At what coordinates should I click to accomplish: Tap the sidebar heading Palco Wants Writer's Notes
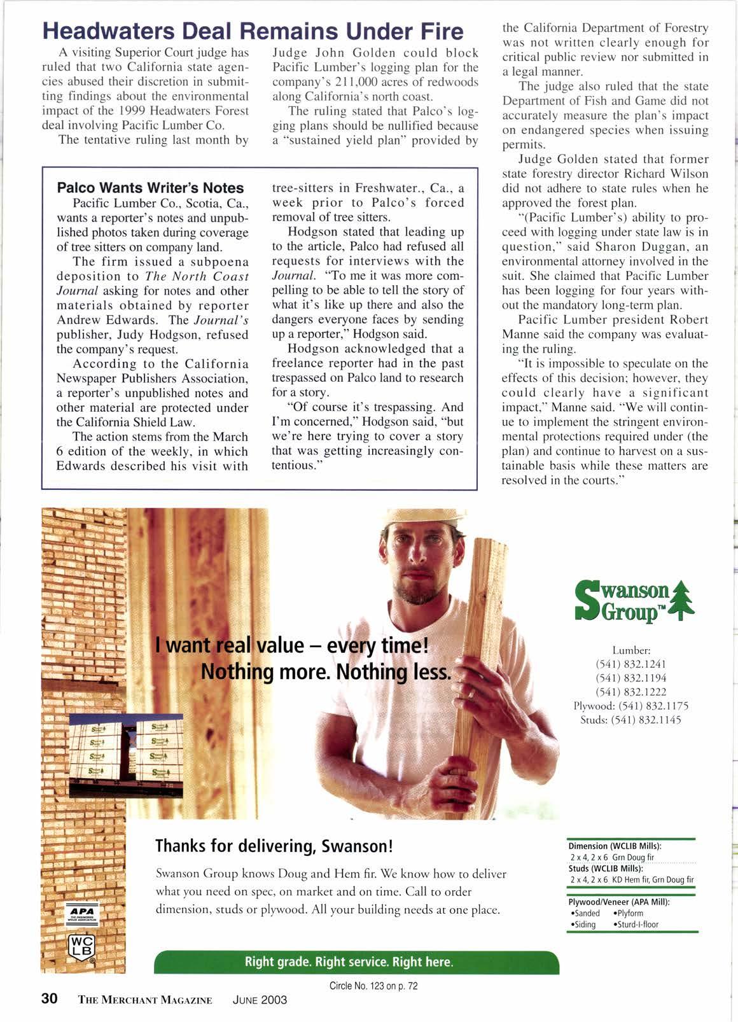150,188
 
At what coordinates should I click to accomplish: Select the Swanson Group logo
634,598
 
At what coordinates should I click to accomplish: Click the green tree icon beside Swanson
681,598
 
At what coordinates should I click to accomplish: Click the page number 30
50,998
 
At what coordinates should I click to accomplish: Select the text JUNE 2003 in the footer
260,999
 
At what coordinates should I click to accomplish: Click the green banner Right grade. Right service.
349,962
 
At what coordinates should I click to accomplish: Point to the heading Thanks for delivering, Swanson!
275,846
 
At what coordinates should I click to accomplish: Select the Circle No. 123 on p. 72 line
373,986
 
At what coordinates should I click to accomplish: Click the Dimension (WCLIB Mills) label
615,846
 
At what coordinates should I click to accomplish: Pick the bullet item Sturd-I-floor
636,924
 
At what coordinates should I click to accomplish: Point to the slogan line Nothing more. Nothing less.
326,671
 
